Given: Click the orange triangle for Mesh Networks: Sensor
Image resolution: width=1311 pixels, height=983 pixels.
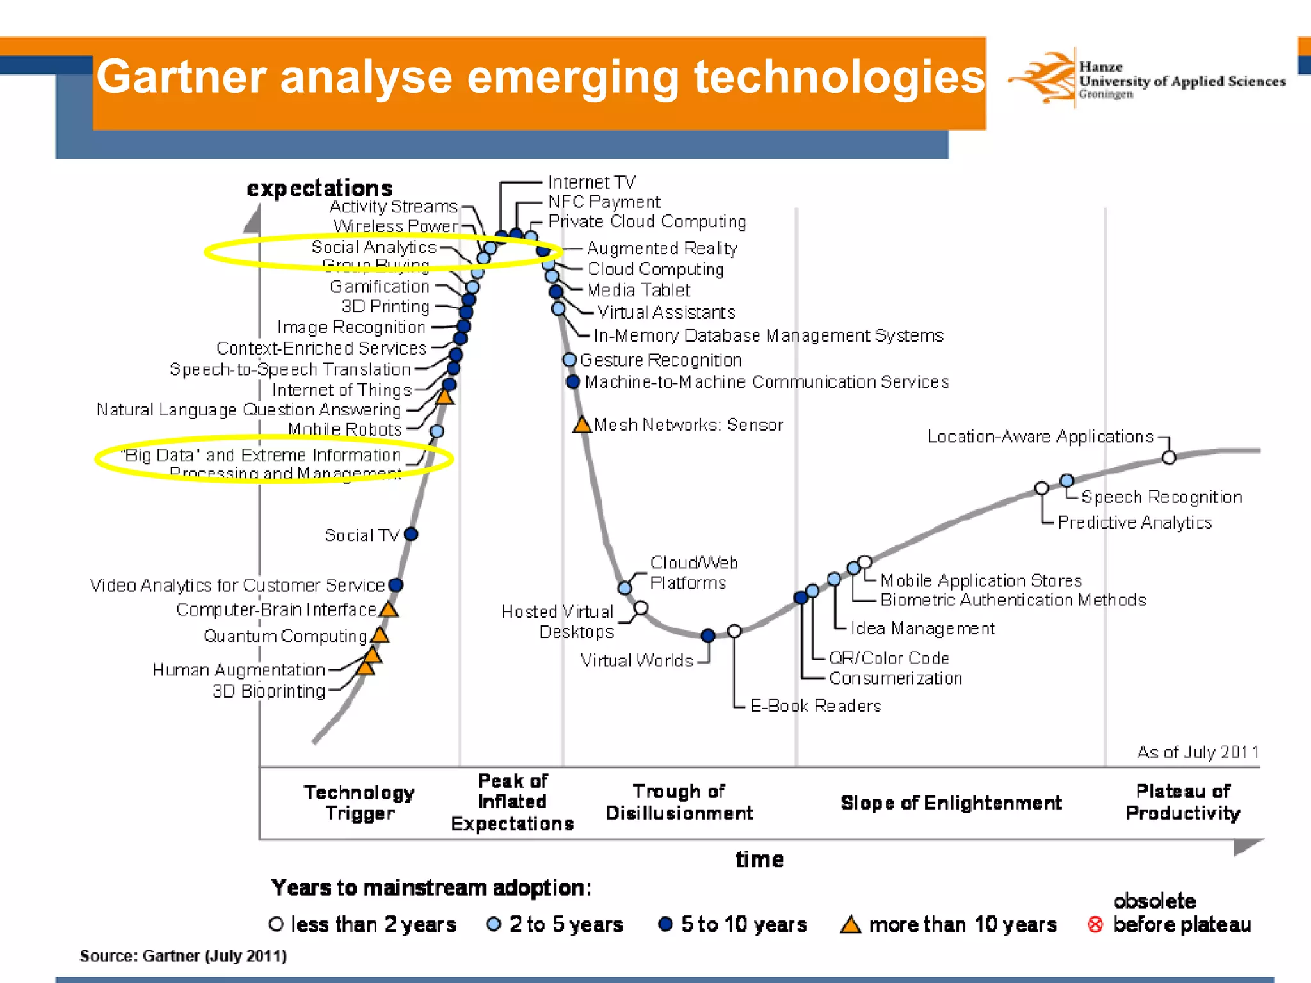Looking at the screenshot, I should (582, 425).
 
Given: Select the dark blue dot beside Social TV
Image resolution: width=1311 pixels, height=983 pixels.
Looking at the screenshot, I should (411, 534).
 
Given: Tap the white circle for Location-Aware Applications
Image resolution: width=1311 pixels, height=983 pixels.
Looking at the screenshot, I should (1169, 458).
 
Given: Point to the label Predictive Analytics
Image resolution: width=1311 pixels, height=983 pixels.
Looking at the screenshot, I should (1134, 523).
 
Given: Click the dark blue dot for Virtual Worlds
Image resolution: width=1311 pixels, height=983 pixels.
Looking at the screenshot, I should (707, 635).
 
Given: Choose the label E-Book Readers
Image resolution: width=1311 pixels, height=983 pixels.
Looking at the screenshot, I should (815, 706).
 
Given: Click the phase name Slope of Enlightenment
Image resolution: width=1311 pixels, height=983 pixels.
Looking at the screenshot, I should (951, 803).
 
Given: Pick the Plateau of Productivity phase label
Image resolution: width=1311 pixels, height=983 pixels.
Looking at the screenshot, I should (1182, 802).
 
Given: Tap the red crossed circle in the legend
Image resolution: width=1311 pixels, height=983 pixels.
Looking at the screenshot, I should (1095, 925).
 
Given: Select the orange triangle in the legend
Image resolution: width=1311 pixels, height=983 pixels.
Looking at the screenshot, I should (851, 925).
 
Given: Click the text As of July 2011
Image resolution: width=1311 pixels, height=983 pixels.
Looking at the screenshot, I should (1197, 752).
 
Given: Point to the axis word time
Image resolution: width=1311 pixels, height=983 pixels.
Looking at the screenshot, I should (759, 859).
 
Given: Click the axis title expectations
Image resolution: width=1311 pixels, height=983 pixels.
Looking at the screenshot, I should (319, 188).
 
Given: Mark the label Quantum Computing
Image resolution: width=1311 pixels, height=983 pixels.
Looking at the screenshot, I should (285, 636).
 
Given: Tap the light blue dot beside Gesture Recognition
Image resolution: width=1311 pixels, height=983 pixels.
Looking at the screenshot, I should (569, 360).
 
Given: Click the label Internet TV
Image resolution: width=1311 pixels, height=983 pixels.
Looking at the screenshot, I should (591, 182).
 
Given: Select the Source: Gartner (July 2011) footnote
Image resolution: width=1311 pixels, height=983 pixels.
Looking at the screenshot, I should (183, 955).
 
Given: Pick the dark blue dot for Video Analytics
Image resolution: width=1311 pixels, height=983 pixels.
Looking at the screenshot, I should (396, 585).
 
